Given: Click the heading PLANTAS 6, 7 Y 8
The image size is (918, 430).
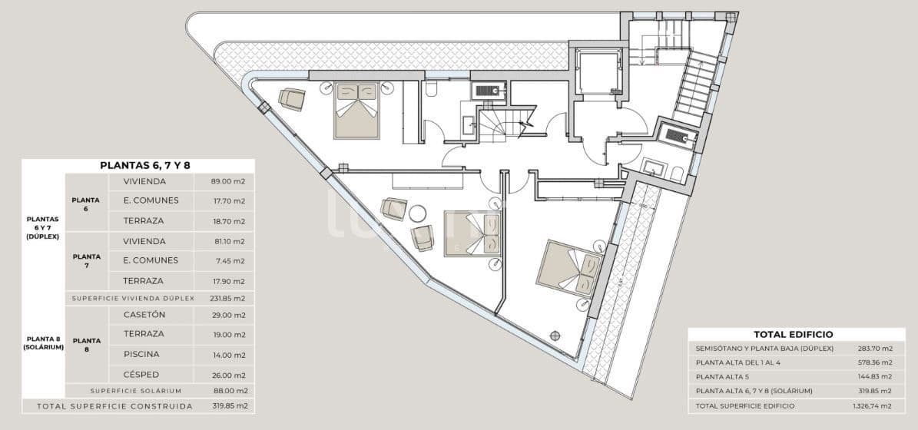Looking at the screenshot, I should tap(138, 165).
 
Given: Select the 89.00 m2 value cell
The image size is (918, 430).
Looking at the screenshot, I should tap(228, 182).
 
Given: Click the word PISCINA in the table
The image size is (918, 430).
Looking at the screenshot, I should tap(142, 354).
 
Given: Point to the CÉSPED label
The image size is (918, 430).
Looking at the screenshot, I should tap(142, 375).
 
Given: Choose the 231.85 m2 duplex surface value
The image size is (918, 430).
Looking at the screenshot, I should tap(228, 298).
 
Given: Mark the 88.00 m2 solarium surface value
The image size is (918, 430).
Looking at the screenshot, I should tap(230, 391).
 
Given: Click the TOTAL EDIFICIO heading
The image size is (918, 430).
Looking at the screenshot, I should tap(794, 335).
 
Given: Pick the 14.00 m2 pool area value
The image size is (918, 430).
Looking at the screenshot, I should tap(228, 354).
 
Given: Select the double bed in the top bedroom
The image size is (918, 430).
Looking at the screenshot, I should tap(357, 111).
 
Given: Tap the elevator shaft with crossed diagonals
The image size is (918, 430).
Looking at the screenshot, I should tap(598, 72).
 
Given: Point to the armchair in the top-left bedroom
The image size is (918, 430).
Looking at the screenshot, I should tap(292, 99).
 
